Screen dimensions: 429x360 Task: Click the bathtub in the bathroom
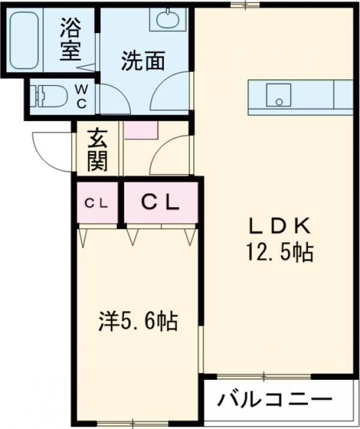(x=25, y=40)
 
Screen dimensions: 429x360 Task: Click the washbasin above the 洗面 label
(x=172, y=19)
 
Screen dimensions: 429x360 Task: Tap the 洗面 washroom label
(x=143, y=61)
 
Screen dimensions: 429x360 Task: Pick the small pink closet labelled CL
(x=97, y=203)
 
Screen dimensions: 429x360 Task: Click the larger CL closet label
(x=160, y=203)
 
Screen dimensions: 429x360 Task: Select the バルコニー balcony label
(x=275, y=398)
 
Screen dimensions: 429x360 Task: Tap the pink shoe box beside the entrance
(x=140, y=129)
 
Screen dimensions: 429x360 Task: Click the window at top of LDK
(x=245, y=5)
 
